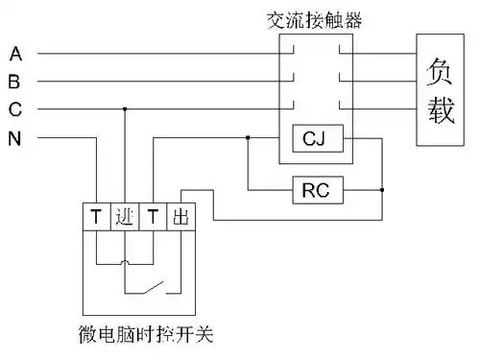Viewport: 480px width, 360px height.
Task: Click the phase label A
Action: (x=15, y=52)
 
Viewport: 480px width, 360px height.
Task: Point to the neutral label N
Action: (x=15, y=139)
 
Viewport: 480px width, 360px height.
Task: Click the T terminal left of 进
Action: (x=97, y=217)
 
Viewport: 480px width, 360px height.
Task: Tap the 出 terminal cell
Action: (x=180, y=217)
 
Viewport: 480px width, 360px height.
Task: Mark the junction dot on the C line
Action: (x=125, y=109)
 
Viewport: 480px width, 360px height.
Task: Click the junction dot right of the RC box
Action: (x=382, y=190)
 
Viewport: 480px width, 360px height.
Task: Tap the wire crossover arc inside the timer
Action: (x=125, y=261)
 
